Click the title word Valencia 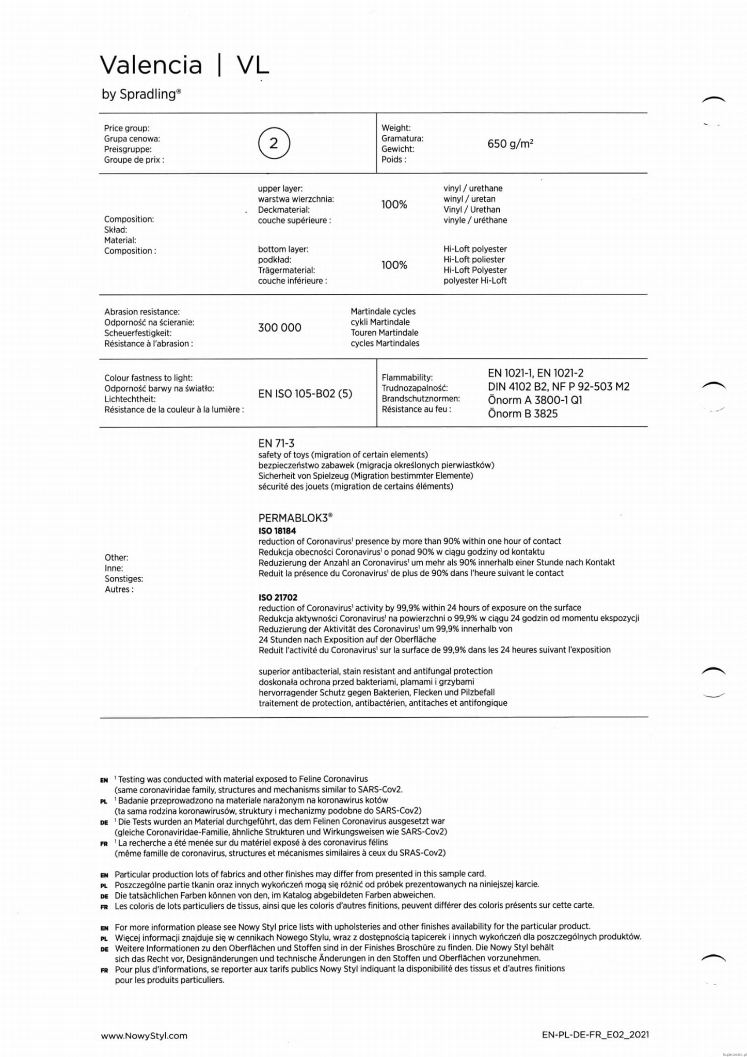(151, 66)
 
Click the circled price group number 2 (274, 143)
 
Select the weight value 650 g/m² (510, 144)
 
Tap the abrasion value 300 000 (279, 327)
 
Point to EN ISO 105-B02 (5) (305, 393)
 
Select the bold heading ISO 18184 (277, 531)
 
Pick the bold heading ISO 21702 (278, 597)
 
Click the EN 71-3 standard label (276, 443)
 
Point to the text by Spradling (141, 94)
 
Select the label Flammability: (407, 377)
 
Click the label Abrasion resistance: (142, 312)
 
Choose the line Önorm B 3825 (522, 414)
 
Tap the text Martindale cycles (383, 311)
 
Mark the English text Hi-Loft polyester (475, 249)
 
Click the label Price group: (126, 128)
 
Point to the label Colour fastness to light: (148, 378)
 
